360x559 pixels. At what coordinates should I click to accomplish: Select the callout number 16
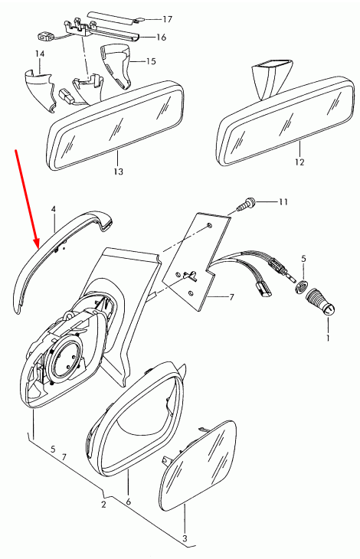coord(162,37)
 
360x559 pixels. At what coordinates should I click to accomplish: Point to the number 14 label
coord(40,54)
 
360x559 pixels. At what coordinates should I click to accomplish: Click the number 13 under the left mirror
coord(117,172)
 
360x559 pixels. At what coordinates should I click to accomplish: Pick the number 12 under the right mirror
coord(299,162)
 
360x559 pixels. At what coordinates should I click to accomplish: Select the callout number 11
coord(283,202)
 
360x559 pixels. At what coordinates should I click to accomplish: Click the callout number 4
coord(54,208)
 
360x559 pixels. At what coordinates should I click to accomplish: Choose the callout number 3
coord(184,540)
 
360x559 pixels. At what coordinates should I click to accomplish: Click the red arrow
coord(27,199)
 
